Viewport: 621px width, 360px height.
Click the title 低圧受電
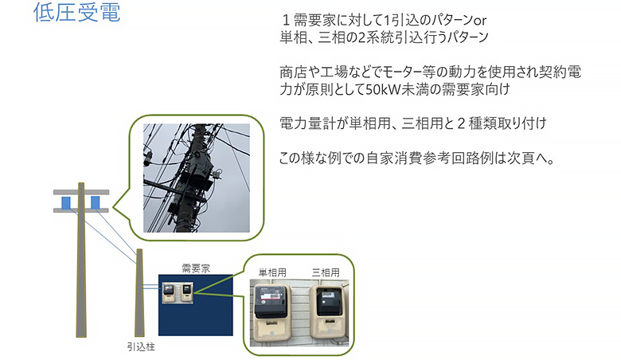[77, 12]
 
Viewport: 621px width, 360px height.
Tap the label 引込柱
[141, 347]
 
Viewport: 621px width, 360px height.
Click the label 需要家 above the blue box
[196, 268]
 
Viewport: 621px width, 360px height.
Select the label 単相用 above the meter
[272, 272]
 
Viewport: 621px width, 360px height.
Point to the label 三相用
[326, 272]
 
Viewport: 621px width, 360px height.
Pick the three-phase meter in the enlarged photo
[328, 311]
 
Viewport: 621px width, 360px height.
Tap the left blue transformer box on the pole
[66, 203]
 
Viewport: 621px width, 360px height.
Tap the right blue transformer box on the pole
[96, 202]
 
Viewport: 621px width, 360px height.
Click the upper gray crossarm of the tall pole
[81, 192]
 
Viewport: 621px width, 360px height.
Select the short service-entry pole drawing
[139, 292]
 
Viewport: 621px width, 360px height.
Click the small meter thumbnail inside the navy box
[178, 292]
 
